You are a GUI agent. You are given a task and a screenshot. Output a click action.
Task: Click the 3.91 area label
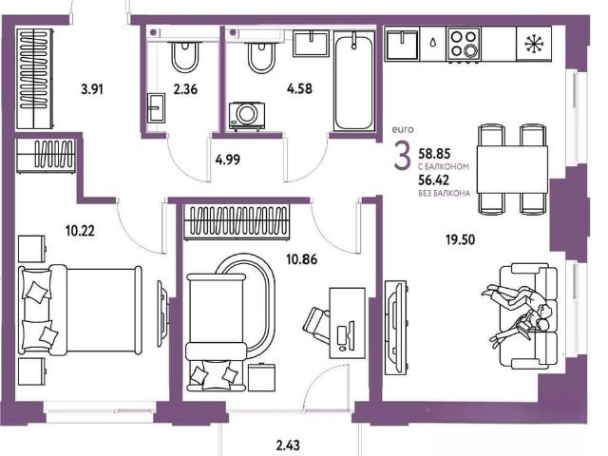tap(92, 90)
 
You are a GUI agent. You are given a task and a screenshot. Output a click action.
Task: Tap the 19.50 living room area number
tap(460, 240)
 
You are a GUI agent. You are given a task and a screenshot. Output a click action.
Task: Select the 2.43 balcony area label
tap(288, 445)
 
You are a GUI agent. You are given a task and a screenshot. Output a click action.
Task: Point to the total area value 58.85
tap(434, 154)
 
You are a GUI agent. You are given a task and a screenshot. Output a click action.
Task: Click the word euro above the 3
tap(403, 129)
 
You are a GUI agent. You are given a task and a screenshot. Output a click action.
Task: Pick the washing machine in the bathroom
tap(247, 116)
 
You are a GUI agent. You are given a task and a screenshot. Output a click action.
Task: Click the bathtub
tap(354, 83)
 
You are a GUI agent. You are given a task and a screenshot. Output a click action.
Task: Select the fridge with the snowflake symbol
tap(534, 44)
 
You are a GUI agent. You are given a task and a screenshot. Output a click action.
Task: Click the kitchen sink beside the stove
tap(402, 45)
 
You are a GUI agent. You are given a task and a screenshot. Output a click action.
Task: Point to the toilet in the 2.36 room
tap(185, 55)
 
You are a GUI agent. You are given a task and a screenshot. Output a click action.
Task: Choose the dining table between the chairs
tap(512, 169)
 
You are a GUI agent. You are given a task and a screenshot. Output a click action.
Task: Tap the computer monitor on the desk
tap(345, 335)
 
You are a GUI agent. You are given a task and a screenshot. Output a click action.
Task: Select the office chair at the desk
tap(316, 322)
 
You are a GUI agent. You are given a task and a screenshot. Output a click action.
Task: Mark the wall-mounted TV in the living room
tap(396, 328)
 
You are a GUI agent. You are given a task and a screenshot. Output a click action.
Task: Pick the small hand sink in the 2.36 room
tap(156, 107)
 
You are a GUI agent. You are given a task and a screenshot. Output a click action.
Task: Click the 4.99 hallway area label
tap(228, 160)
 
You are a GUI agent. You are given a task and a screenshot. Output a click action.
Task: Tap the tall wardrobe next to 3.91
tap(34, 79)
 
